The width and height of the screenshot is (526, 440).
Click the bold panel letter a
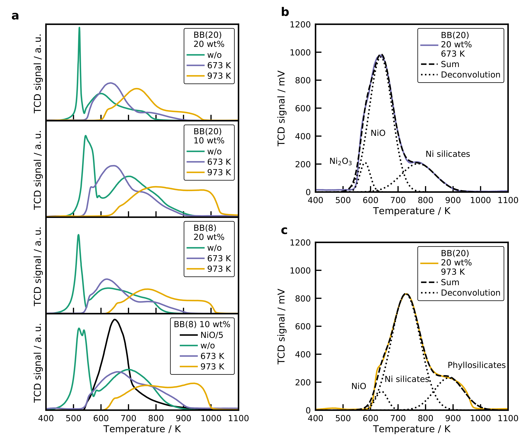click(15, 16)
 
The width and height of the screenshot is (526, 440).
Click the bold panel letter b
click(285, 12)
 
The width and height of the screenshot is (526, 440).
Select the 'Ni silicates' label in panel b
click(448, 154)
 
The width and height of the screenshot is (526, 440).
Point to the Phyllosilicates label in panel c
click(476, 365)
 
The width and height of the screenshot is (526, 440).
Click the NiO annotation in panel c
click(358, 386)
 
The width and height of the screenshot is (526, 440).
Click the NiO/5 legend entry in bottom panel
click(211, 335)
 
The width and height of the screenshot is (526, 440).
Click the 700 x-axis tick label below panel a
click(128, 418)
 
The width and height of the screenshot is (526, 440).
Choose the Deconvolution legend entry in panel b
click(470, 75)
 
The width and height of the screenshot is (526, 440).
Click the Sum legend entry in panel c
click(450, 282)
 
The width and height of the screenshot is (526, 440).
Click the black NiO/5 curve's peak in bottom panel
click(115, 319)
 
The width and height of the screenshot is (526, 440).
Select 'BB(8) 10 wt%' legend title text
click(202, 324)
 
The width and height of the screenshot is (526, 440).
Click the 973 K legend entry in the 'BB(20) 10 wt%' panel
click(219, 172)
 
